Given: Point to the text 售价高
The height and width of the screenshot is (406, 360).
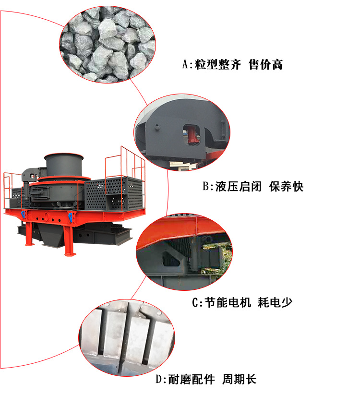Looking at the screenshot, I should pos(265,65).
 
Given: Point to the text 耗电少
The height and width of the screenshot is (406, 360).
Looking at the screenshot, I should pos(275,302).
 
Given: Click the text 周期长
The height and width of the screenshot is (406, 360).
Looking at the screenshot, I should pos(239,380).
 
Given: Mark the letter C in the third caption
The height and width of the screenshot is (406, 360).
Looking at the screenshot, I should pos(195,302).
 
